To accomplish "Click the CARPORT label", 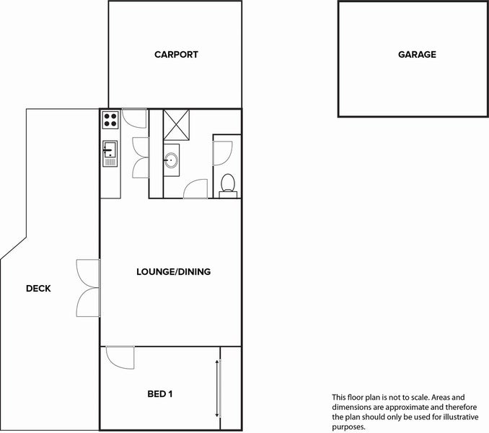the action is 176,55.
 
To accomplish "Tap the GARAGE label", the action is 417,55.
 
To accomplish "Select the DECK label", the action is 38,289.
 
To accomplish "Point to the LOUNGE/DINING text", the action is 173,272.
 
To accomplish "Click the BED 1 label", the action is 160,394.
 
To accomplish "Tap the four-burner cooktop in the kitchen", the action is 110,120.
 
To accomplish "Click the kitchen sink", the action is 110,154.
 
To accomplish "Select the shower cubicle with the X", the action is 176,125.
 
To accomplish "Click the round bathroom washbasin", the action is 171,160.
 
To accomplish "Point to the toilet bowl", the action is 228,183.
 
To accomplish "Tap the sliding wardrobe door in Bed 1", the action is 219,388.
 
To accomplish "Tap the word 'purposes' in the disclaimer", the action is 348,427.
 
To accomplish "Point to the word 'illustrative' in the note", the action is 461,417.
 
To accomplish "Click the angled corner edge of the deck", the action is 14,248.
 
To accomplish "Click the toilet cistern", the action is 228,195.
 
